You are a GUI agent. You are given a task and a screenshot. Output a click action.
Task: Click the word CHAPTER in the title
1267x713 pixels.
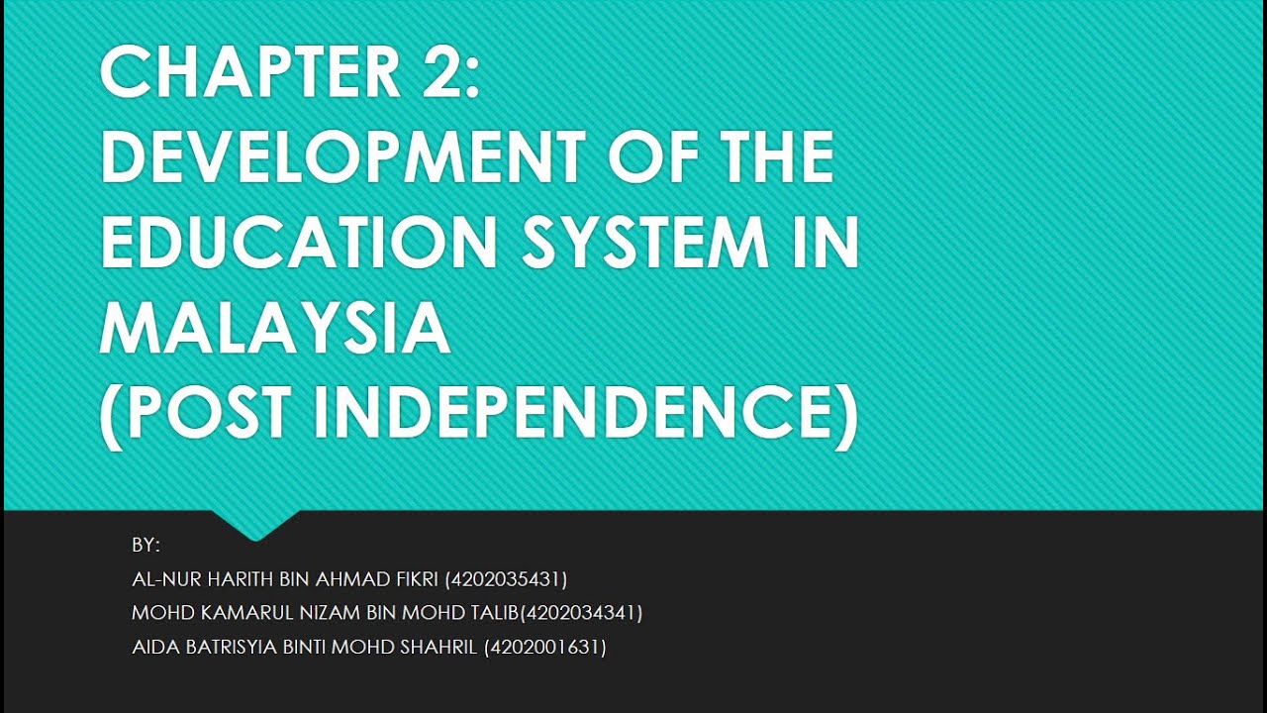(247, 73)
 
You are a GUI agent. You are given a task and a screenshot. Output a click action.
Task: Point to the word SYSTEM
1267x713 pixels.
(644, 243)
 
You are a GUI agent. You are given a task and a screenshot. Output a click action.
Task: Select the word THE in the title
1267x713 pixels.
(767, 157)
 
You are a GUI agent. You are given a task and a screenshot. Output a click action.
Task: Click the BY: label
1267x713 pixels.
(146, 545)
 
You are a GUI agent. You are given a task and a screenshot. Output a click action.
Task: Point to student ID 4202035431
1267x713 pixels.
(507, 579)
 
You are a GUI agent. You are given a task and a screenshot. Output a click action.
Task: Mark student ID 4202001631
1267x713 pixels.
(545, 648)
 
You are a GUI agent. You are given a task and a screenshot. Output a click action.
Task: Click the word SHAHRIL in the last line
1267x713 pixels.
(440, 648)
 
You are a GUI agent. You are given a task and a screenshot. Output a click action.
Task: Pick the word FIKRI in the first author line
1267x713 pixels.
(417, 579)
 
